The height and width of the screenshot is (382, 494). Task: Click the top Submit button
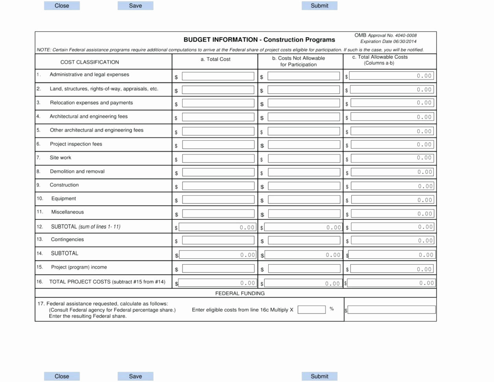319,6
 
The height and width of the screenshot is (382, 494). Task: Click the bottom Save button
135,376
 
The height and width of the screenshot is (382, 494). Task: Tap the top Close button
62,6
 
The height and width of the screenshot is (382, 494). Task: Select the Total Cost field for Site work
218,158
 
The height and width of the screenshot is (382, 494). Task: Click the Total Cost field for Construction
218,186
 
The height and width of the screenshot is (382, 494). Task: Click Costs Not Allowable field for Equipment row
304,200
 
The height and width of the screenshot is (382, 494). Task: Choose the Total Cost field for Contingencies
218,240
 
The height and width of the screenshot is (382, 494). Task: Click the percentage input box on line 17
312,310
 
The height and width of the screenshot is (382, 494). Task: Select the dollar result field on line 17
392,310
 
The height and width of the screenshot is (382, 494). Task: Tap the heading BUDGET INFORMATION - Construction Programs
259,40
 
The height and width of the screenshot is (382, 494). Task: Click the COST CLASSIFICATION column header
90,62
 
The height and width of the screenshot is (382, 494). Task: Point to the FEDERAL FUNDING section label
240,293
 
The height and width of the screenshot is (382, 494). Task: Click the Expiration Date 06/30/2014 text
388,41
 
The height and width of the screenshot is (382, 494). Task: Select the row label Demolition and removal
77,171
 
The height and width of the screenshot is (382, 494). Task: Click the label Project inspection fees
76,144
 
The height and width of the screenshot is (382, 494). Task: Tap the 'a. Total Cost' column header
216,59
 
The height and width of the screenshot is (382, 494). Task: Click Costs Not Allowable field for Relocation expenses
304,103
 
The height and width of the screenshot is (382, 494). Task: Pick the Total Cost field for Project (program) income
218,269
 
